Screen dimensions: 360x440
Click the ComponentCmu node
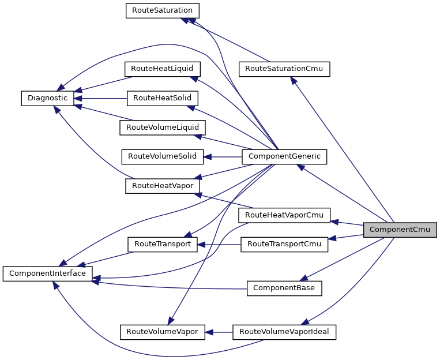click(400, 230)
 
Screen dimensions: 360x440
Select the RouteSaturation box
click(163, 11)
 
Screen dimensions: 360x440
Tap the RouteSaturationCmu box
click(284, 69)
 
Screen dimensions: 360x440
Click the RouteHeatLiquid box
click(163, 69)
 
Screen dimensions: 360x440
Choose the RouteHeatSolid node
click(163, 98)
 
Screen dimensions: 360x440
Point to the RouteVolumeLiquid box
click(163, 127)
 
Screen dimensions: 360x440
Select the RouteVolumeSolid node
click(162, 156)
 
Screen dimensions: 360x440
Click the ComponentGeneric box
click(284, 156)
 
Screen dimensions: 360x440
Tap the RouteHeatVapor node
click(163, 186)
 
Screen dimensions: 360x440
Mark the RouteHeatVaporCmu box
click(284, 215)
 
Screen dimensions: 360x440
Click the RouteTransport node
click(163, 244)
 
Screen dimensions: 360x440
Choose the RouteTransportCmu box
click(284, 244)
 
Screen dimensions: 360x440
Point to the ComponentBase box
click(284, 288)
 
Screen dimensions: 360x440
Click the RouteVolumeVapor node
click(163, 332)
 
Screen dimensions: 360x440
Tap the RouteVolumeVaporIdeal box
click(284, 332)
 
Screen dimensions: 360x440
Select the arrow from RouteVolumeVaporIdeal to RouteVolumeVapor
click(219, 332)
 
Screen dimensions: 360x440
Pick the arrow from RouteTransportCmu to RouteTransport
click(219, 244)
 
